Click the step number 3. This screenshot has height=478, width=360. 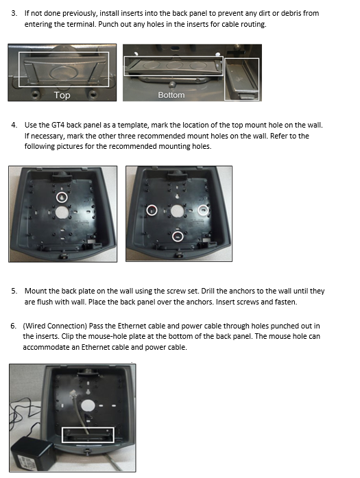(x=14, y=14)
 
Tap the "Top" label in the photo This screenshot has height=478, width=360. (x=62, y=95)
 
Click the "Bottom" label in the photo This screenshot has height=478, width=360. (x=171, y=95)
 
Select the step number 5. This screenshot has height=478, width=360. (x=14, y=291)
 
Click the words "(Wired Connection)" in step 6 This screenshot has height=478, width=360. (x=55, y=326)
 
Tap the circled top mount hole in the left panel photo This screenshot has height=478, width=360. (x=62, y=198)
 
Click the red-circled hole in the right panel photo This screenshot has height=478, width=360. (x=152, y=210)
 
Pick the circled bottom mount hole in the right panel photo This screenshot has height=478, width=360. (x=178, y=237)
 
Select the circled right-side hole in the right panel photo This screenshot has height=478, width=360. (x=204, y=210)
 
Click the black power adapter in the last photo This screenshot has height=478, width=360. (x=32, y=453)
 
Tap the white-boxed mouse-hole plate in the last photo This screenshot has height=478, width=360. (x=88, y=435)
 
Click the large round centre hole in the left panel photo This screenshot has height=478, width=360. (x=62, y=212)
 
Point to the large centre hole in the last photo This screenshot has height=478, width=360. (x=88, y=406)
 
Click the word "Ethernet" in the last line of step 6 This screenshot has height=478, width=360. (x=93, y=347)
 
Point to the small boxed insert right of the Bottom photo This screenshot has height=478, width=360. (x=242, y=80)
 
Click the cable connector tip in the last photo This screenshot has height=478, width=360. (x=73, y=393)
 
